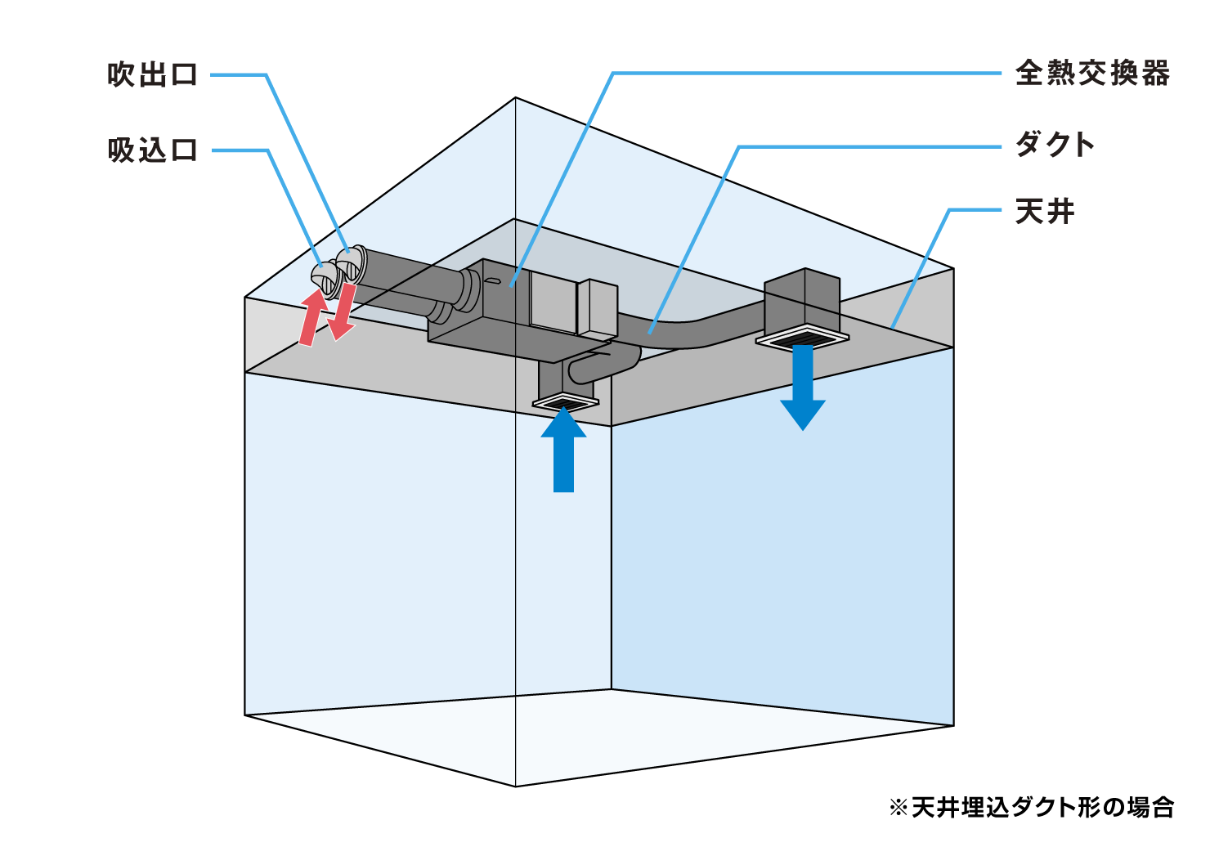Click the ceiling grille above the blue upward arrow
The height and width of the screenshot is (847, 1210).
[x=565, y=402]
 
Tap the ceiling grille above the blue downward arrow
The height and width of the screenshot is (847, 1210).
[x=802, y=338]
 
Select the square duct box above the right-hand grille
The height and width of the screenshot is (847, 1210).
[x=801, y=298]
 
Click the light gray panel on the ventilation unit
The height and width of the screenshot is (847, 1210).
[x=553, y=302]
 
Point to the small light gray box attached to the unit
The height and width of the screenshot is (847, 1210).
[x=598, y=308]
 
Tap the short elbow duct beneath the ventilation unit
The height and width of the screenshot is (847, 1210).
[x=605, y=365]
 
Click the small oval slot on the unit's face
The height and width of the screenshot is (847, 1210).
[x=492, y=281]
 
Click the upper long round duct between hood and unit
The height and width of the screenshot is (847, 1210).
[x=409, y=271]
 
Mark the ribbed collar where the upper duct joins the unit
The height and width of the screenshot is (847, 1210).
[x=468, y=290]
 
